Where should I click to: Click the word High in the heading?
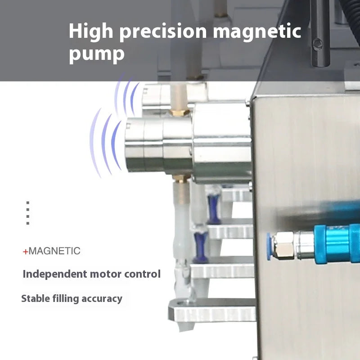[92, 32]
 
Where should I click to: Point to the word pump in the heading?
[96, 54]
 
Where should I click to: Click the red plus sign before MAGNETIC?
[25, 252]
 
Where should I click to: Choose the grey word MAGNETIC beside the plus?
[54, 251]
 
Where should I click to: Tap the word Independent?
[55, 274]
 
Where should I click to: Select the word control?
[143, 274]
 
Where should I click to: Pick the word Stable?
[36, 298]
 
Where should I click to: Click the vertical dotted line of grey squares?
[28, 213]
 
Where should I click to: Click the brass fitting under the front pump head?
[182, 178]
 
